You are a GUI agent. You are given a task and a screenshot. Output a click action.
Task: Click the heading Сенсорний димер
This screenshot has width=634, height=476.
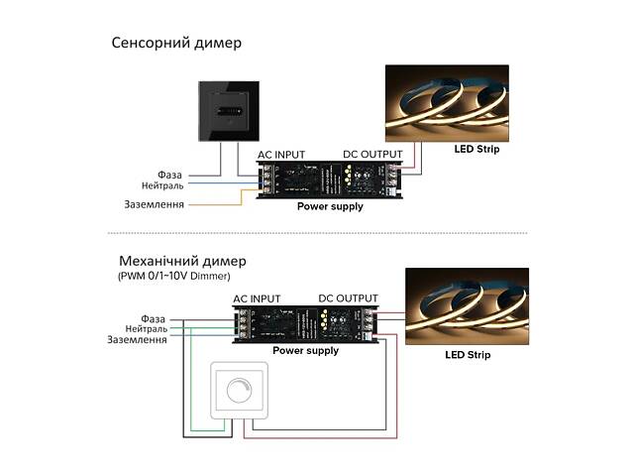pos(176,44)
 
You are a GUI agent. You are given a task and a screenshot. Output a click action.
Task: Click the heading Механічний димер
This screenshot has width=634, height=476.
pos(182,261)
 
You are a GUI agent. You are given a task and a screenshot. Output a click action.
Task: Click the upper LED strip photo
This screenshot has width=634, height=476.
pos(446,103)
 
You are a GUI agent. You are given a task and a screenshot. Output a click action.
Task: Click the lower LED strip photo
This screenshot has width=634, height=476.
pos(467,305)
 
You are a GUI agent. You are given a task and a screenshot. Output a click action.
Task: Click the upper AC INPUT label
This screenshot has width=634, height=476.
pos(281,155)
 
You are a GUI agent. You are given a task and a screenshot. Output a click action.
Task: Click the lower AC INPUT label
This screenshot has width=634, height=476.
pos(257,298)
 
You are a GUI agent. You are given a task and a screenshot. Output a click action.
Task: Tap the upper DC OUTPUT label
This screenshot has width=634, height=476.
pos(372,155)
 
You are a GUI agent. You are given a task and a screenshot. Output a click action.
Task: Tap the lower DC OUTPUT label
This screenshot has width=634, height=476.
pos(348,298)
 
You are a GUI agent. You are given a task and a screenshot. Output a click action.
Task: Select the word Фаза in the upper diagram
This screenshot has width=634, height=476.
pos(169,175)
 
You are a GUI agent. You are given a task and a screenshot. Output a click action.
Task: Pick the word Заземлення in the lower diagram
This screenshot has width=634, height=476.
pos(137,340)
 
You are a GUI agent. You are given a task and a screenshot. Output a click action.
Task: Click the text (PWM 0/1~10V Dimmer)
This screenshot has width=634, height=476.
pos(173,277)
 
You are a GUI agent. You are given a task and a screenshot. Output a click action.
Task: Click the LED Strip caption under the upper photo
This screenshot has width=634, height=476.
pos(477,151)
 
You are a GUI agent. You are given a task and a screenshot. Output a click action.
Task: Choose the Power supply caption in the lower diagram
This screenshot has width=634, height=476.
pos(306,351)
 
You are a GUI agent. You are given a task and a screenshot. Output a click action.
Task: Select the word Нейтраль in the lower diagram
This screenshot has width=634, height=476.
pos(146,329)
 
